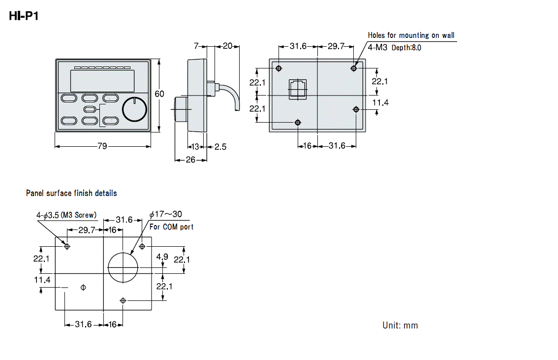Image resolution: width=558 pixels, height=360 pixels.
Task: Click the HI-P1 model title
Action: pyautogui.click(x=24, y=16)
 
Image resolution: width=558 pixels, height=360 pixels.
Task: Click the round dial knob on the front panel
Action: pyautogui.click(x=134, y=109)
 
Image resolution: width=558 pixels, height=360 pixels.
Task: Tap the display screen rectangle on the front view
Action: pyautogui.click(x=102, y=81)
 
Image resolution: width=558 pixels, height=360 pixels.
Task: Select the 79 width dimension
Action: pyautogui.click(x=102, y=146)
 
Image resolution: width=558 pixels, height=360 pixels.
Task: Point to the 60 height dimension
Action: pyautogui.click(x=159, y=94)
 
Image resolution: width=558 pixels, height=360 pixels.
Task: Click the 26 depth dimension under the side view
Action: pyautogui.click(x=190, y=160)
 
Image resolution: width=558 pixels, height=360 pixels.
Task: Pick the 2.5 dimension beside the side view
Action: pyautogui.click(x=220, y=147)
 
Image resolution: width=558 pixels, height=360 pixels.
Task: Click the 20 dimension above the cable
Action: pyautogui.click(x=227, y=46)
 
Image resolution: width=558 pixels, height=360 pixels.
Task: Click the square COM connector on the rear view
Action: pyautogui.click(x=298, y=89)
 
